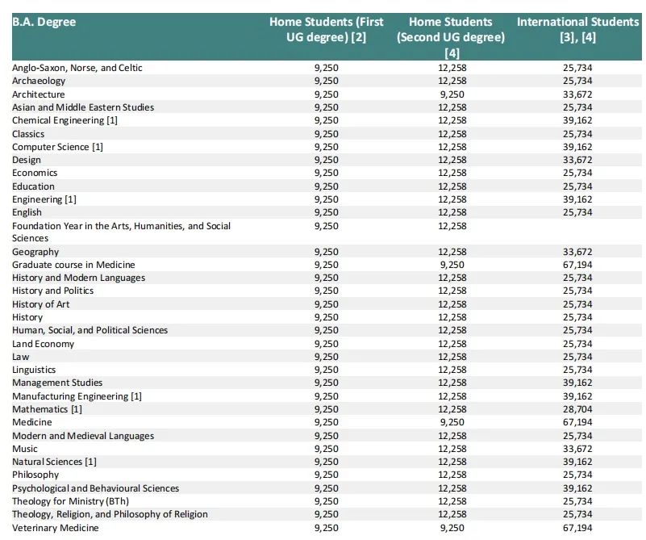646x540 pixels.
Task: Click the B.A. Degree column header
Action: pyautogui.click(x=44, y=22)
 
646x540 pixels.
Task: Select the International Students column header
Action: pyautogui.click(x=577, y=29)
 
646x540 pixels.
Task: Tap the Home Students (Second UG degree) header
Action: pyautogui.click(x=451, y=37)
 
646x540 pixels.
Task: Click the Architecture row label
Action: pyautogui.click(x=39, y=94)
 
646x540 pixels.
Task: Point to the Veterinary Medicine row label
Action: pyautogui.click(x=55, y=528)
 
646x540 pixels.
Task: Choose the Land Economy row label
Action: pyautogui.click(x=43, y=344)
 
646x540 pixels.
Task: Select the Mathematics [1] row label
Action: pyautogui.click(x=47, y=409)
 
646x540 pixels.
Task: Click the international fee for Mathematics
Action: pyautogui.click(x=577, y=409)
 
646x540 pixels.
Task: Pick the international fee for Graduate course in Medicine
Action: pyautogui.click(x=577, y=265)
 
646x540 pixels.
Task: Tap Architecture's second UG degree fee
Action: pyautogui.click(x=452, y=94)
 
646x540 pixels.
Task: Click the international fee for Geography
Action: pyautogui.click(x=577, y=252)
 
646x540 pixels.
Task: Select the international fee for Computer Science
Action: pyautogui.click(x=577, y=147)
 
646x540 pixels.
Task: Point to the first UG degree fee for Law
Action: pyautogui.click(x=327, y=357)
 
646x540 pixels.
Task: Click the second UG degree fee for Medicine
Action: pyautogui.click(x=452, y=422)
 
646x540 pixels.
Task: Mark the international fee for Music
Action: pyautogui.click(x=577, y=449)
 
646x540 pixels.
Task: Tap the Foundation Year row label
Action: pyautogui.click(x=121, y=232)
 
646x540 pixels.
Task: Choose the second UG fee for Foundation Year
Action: pyautogui.click(x=452, y=226)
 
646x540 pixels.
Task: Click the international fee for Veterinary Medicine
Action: pyautogui.click(x=577, y=528)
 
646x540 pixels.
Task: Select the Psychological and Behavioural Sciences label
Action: pyautogui.click(x=96, y=488)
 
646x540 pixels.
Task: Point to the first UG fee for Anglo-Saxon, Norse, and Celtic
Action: pyautogui.click(x=327, y=68)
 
